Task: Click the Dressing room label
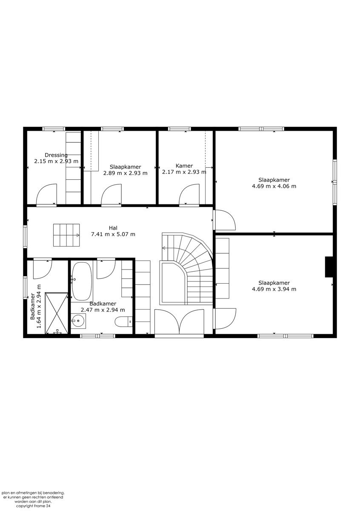[56, 155]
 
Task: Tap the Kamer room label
[184, 166]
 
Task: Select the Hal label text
[113, 228]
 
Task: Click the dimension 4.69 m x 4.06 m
[274, 186]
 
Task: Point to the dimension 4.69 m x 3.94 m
[274, 289]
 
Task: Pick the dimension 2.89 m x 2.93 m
[125, 173]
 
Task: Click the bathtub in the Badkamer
[82, 281]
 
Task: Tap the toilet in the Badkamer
[125, 322]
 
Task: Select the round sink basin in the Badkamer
[77, 322]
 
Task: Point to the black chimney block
[329, 267]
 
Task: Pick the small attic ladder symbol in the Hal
[66, 235]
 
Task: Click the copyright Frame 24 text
[33, 506]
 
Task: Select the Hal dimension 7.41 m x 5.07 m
[113, 234]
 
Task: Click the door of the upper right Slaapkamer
[224, 220]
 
